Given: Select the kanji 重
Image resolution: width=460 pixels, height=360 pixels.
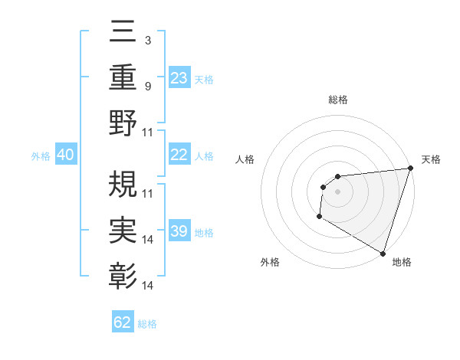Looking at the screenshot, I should [123, 77].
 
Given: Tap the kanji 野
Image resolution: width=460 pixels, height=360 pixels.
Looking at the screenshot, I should [123, 123].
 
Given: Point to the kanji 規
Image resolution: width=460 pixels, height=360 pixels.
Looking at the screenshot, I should [123, 184].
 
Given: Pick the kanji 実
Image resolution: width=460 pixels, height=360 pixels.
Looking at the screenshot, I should [123, 227].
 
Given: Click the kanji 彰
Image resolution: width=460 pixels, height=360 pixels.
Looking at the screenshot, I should [123, 273].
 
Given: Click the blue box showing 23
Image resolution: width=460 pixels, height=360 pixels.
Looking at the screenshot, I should [179, 77].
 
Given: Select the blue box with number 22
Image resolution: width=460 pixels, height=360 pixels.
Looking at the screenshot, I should [179, 155].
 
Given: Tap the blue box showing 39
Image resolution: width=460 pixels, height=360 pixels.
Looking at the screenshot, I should [179, 231].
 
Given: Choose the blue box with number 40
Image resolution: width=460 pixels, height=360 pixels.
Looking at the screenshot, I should [65, 155].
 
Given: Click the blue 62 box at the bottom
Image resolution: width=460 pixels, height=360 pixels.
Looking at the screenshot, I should [123, 322].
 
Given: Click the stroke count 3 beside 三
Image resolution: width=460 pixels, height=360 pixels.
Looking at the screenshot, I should [147, 40].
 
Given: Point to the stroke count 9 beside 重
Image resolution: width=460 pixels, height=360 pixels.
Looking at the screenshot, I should [147, 87].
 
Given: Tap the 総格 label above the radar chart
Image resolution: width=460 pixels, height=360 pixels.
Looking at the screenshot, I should [337, 100].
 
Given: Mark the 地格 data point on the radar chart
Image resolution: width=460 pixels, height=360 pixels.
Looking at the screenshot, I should [383, 254].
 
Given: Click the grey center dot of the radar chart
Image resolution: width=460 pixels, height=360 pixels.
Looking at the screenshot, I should [337, 191].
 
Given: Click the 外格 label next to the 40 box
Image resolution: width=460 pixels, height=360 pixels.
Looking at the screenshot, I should [41, 156].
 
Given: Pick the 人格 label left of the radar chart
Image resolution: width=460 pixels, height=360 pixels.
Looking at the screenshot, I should [245, 159].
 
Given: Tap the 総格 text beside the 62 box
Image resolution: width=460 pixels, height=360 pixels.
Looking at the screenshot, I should [147, 324].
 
